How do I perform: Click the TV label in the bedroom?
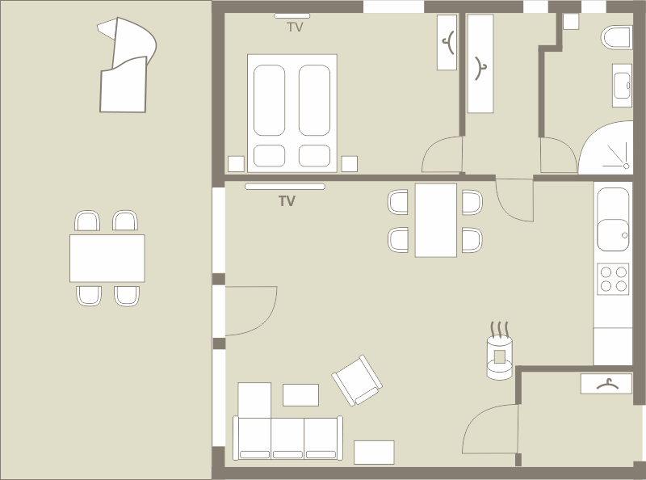tap(295, 27)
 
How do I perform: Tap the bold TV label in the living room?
tap(287, 201)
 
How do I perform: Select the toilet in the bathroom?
tap(616, 37)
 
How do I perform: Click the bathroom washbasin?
tap(622, 86)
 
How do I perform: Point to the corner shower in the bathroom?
tap(606, 148)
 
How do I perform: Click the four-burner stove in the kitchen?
tap(613, 279)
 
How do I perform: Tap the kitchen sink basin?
tap(613, 235)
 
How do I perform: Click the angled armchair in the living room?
tap(357, 381)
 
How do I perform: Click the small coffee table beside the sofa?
tap(300, 395)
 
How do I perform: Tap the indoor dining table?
tap(436, 221)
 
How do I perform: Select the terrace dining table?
tap(107, 258)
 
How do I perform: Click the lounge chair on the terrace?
tap(126, 66)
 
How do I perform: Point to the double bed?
tap(292, 113)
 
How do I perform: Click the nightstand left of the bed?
tap(236, 164)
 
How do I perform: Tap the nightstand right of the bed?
tap(350, 164)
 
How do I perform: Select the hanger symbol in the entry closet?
tap(608, 385)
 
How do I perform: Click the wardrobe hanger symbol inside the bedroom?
tap(448, 43)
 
